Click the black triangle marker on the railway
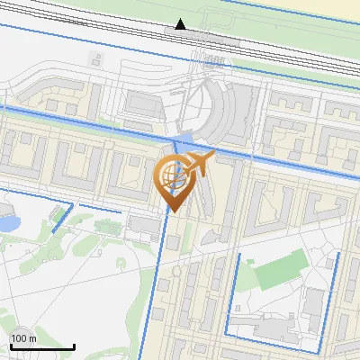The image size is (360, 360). [x=181, y=24]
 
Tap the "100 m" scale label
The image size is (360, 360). [x=22, y=338]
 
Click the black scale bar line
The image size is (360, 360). [x=40, y=346]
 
